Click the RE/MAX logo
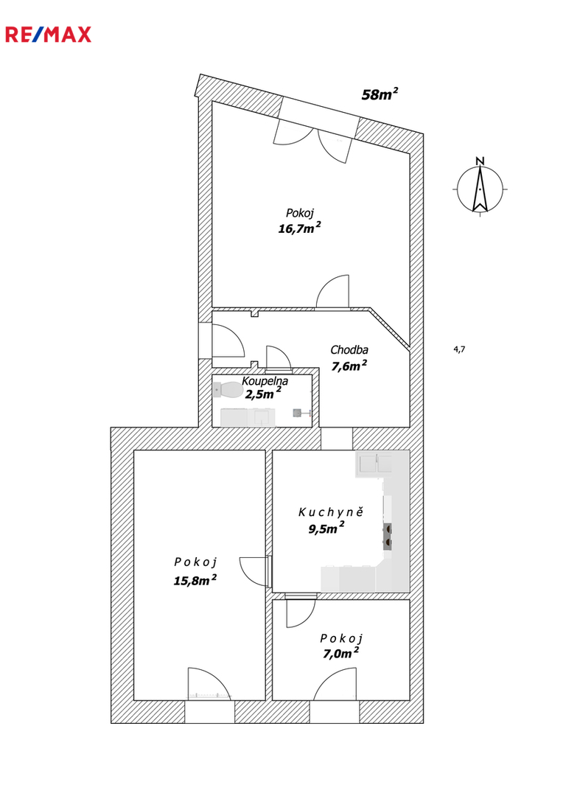click(48, 35)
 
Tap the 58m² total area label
click(380, 94)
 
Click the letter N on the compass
click(480, 161)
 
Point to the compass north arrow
click(480, 189)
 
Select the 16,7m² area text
click(299, 228)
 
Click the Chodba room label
click(349, 350)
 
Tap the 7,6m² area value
click(349, 366)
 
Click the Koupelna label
click(265, 381)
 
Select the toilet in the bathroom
click(228, 390)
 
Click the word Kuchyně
click(331, 512)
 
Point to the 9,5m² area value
click(326, 528)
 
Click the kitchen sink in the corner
click(375, 464)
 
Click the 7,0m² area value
click(340, 653)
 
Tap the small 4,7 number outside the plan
click(459, 349)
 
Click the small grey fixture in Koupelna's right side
click(298, 413)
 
